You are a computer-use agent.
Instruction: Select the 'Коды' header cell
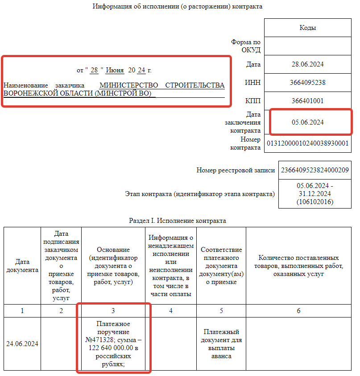point(307,28)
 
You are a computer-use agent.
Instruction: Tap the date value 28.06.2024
point(307,64)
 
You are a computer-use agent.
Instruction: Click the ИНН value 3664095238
point(307,83)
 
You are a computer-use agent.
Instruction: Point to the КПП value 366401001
point(307,101)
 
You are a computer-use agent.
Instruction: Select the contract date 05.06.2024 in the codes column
point(307,122)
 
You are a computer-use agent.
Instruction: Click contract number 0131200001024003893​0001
point(307,143)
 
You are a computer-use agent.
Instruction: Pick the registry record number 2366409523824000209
point(314,170)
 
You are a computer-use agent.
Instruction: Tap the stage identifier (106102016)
point(314,202)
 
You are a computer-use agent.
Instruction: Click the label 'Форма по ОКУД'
point(246,46)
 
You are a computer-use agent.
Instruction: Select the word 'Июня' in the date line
point(115,71)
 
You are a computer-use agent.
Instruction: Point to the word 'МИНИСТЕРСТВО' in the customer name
point(129,85)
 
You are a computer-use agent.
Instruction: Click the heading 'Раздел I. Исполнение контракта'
point(178,221)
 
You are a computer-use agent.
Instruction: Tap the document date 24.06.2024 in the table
point(22,343)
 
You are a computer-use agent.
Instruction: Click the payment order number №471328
point(113,340)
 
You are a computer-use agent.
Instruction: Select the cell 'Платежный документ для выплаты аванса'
point(221,344)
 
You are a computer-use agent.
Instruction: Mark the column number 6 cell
point(298,310)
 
